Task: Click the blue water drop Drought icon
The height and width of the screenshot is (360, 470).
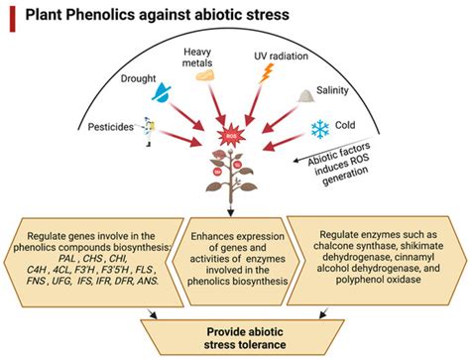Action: (161, 96)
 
